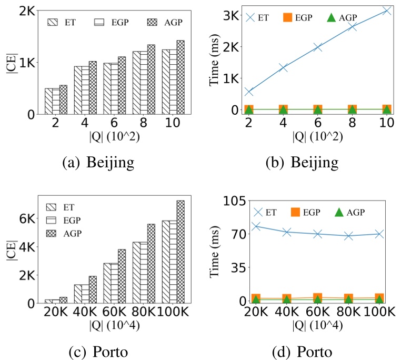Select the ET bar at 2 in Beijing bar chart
click(x=48, y=101)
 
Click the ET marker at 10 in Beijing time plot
click(x=387, y=11)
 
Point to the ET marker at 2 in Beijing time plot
click(x=249, y=92)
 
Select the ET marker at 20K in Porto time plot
click(x=256, y=226)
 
